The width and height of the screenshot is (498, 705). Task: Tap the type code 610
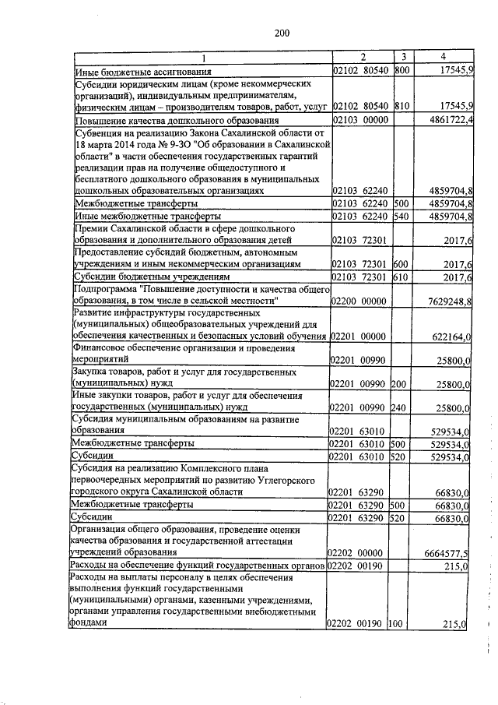pos(401,277)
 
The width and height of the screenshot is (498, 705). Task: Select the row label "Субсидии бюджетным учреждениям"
pos(152,277)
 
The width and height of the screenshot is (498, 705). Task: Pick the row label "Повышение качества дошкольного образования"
pos(176,122)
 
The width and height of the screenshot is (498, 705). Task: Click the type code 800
pos(402,70)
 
